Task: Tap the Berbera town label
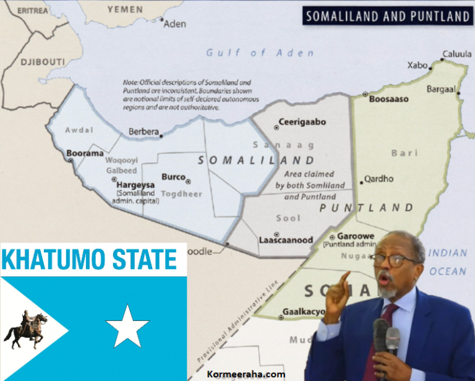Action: pos(143,132)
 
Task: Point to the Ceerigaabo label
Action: pos(302,122)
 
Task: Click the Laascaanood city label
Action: pos(286,240)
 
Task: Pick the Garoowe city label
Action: pos(353,236)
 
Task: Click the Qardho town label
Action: pos(379,179)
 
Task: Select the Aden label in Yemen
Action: pos(175,24)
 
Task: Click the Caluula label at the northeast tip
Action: pos(457,54)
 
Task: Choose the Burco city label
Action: pos(173,177)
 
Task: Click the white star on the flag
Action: pos(127,325)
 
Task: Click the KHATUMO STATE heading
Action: pos(93,259)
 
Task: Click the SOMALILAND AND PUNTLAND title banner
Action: pos(388,16)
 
